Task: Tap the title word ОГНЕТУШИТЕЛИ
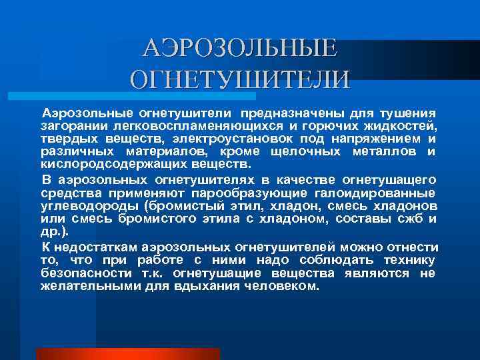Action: click(239, 79)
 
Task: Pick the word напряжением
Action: click(377, 139)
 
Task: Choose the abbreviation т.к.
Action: click(150, 273)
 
